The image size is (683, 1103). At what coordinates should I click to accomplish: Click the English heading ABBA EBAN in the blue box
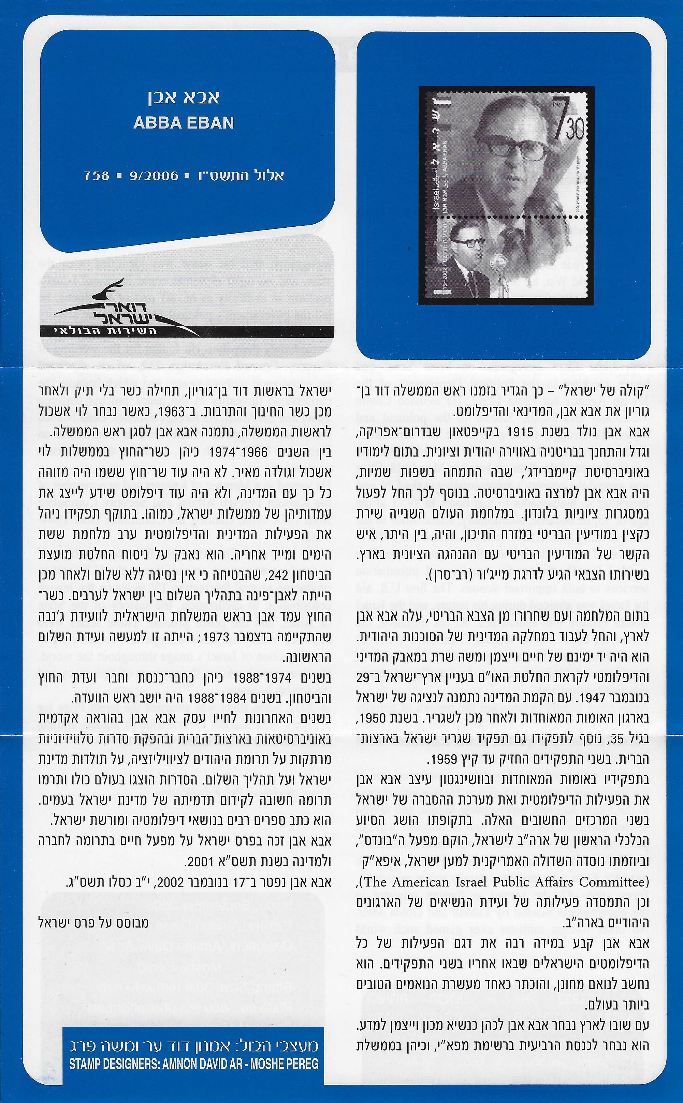click(x=184, y=123)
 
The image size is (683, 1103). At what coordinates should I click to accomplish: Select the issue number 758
click(x=97, y=176)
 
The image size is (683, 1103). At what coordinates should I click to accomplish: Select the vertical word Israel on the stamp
click(x=436, y=197)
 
